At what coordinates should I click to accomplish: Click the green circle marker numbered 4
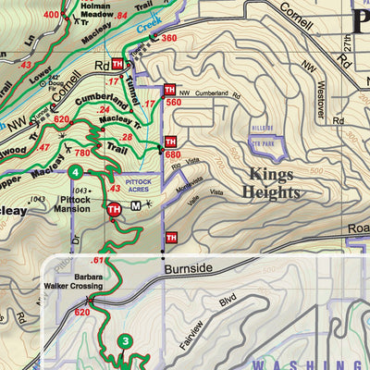pyautogui.click(x=74, y=171)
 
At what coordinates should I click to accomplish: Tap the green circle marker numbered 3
pyautogui.click(x=126, y=342)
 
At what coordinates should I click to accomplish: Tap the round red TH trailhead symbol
pyautogui.click(x=114, y=209)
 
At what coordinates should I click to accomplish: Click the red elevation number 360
pyautogui.click(x=168, y=38)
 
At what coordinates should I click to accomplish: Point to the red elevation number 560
pyautogui.click(x=173, y=103)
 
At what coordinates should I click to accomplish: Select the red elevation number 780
pyautogui.click(x=85, y=154)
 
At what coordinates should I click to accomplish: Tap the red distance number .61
pyautogui.click(x=98, y=260)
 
